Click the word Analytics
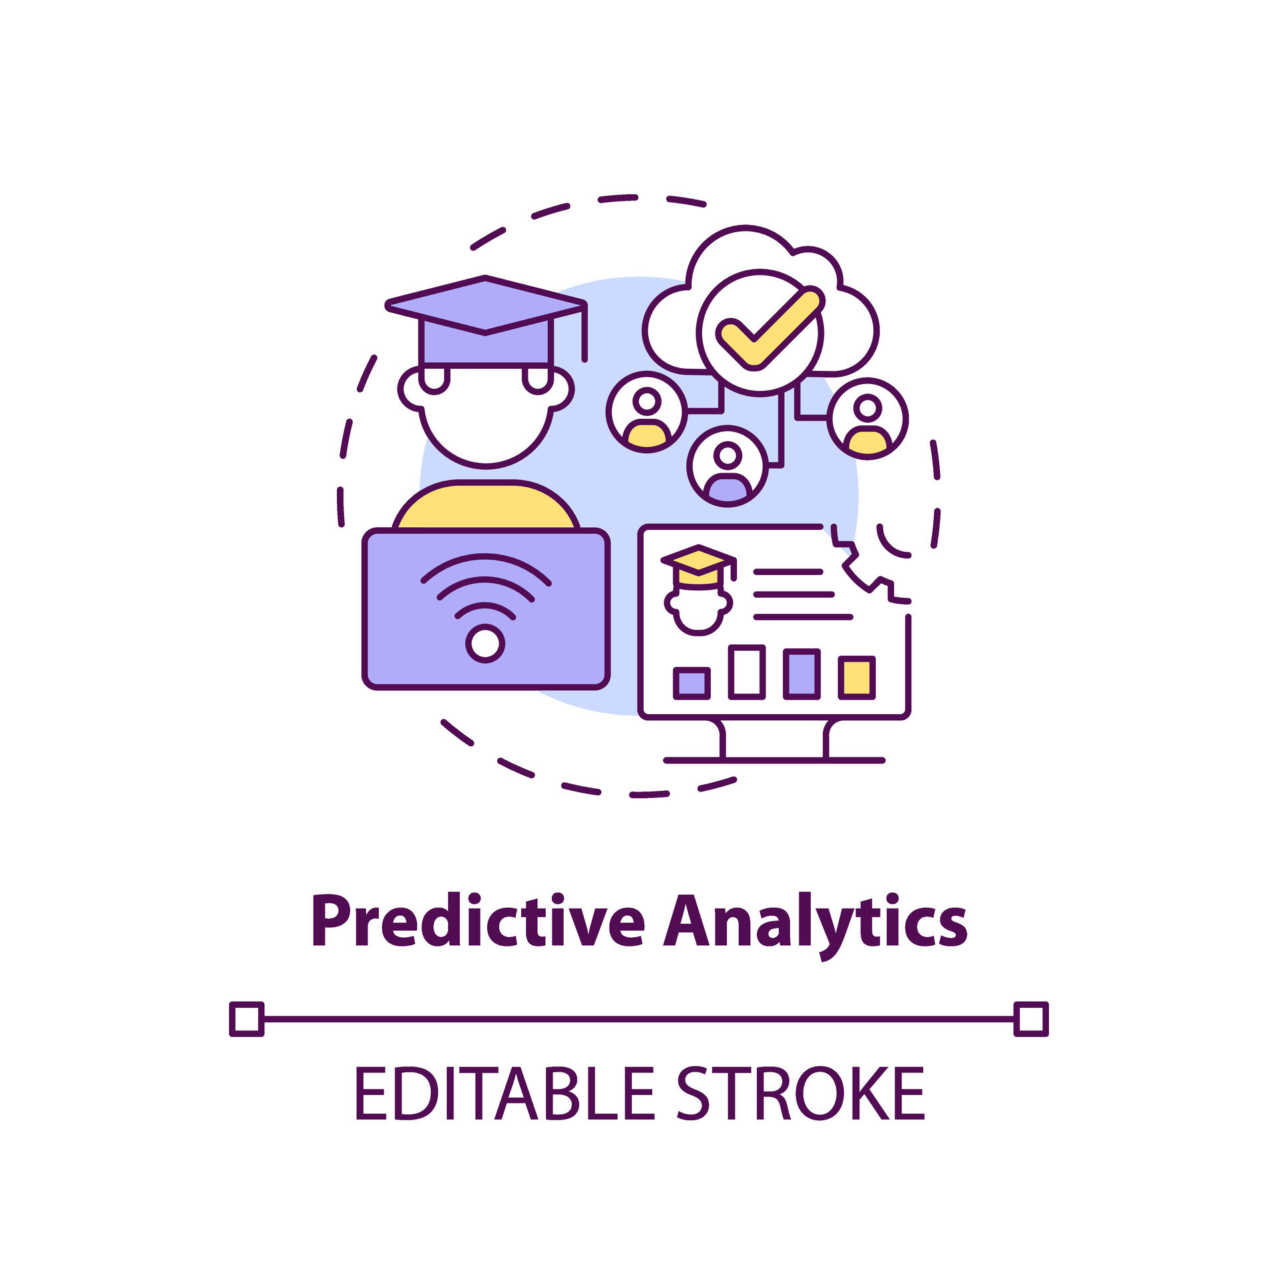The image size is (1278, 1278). (815, 926)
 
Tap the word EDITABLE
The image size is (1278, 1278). (505, 1093)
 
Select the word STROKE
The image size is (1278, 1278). (801, 1093)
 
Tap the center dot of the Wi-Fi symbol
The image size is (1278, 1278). (485, 644)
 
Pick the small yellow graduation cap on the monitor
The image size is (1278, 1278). (698, 565)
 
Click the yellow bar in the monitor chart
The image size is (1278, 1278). (856, 678)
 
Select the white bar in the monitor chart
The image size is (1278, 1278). (747, 672)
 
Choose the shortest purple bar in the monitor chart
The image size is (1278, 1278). (692, 684)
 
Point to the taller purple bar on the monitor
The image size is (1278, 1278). (801, 674)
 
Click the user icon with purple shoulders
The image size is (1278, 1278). (728, 466)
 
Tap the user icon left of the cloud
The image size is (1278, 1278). (646, 412)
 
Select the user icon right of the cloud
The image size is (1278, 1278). (867, 418)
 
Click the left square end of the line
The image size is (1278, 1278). (247, 1019)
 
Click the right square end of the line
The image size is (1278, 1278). (1031, 1019)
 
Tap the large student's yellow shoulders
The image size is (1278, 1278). (486, 505)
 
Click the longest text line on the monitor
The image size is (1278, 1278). (803, 617)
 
